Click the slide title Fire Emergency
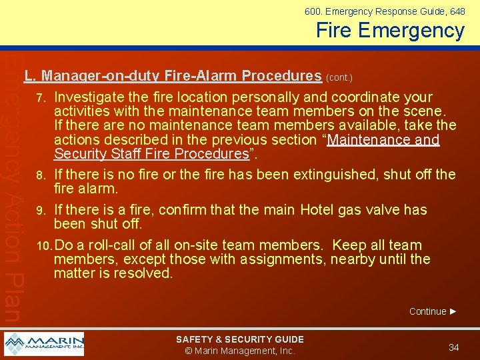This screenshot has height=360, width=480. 390,31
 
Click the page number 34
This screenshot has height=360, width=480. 454,347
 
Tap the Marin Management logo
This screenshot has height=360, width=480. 44,344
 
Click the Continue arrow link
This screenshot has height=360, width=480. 433,311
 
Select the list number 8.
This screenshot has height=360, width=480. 41,175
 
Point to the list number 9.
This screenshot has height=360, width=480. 41,211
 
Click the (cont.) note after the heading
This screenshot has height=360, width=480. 339,77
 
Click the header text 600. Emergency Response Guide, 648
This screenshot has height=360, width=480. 385,11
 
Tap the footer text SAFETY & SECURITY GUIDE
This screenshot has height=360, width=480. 239,339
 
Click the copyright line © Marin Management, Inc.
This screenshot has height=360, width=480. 239,351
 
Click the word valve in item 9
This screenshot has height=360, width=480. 383,210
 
